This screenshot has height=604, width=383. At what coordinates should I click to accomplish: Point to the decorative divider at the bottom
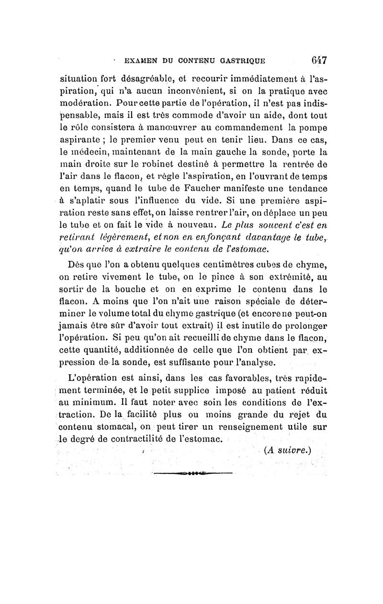click(x=191, y=474)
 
